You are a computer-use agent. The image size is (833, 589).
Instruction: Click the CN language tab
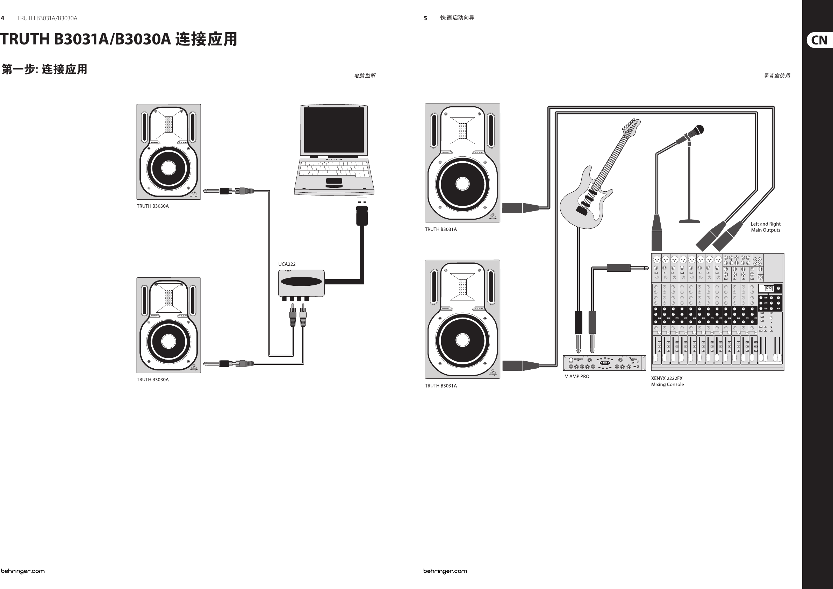819,40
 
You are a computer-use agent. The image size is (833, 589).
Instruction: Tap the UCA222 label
287,264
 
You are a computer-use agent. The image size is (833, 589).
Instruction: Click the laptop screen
333,130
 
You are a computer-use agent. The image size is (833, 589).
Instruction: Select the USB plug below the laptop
362,212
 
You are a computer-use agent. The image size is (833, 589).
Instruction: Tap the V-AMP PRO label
577,376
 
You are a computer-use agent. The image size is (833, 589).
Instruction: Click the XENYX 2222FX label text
667,378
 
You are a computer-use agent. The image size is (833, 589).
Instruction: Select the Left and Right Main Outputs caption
766,227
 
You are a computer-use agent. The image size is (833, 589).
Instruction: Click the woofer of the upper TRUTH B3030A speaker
168,168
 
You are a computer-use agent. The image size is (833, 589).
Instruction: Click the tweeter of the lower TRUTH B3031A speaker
462,287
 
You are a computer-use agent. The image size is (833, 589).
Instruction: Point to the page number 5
425,18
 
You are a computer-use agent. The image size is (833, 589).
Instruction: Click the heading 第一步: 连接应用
44,69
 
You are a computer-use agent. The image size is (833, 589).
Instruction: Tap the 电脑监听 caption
365,76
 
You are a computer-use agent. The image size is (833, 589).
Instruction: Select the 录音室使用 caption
777,76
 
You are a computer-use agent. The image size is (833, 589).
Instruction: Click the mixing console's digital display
769,289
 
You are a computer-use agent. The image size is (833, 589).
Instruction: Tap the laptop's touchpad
334,181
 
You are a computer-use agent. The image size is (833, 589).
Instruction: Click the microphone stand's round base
689,221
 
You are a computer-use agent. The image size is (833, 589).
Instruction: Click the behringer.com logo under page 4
22,571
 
